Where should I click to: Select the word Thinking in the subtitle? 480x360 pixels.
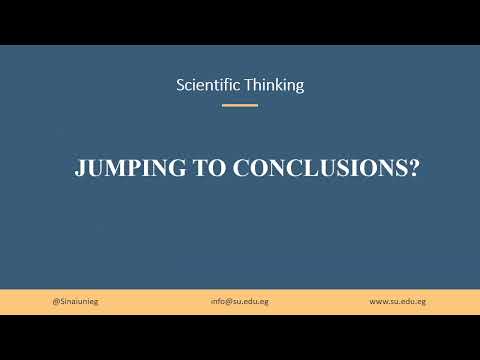click(274, 85)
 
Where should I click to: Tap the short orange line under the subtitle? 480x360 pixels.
click(240, 104)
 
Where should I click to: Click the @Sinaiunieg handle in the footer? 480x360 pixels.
click(74, 301)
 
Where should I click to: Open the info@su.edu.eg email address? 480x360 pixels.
click(240, 301)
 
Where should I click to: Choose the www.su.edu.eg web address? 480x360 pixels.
click(398, 301)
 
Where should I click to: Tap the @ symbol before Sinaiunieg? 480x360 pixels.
click(54, 301)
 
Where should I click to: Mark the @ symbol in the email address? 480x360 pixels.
click(227, 301)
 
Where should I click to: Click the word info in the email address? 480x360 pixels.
click(217, 301)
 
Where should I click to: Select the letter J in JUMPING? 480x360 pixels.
click(80, 169)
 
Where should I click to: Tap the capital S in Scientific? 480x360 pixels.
click(181, 85)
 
